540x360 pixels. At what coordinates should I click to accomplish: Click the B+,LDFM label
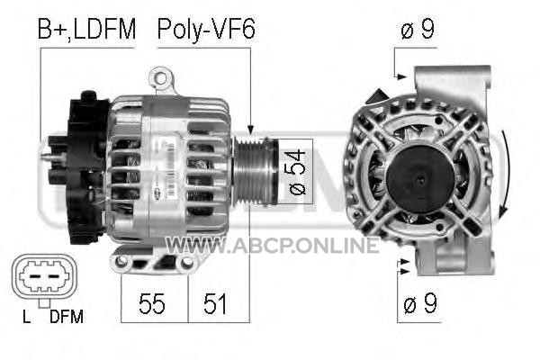[86, 30]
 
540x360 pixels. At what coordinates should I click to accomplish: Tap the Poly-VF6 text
[206, 30]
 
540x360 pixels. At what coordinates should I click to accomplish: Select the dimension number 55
[152, 304]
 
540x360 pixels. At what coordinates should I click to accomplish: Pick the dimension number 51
[215, 304]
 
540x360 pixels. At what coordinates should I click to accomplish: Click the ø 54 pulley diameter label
[296, 172]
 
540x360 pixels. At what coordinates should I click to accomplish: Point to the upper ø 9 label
[418, 30]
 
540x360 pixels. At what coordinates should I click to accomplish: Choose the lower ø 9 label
[419, 303]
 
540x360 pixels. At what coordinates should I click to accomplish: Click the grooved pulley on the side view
[255, 171]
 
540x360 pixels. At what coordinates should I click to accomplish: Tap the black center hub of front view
[420, 179]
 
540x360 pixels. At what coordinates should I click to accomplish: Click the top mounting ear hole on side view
[160, 78]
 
